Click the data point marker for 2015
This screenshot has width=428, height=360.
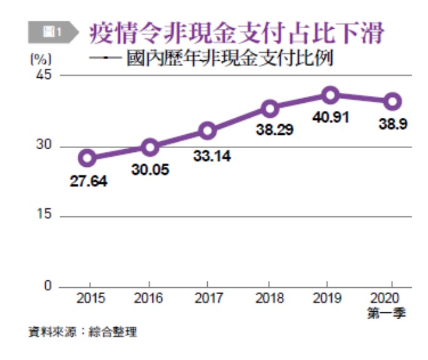87,157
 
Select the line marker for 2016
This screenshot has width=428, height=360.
149,148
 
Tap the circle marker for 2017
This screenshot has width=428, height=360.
208,131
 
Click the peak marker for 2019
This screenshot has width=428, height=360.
331,95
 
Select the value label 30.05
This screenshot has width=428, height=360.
148,169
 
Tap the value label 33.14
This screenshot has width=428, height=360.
211,157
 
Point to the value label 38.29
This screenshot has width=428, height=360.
270,132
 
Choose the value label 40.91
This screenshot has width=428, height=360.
331,118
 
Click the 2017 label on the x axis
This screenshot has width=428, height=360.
208,299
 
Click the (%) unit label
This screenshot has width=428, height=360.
40,60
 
